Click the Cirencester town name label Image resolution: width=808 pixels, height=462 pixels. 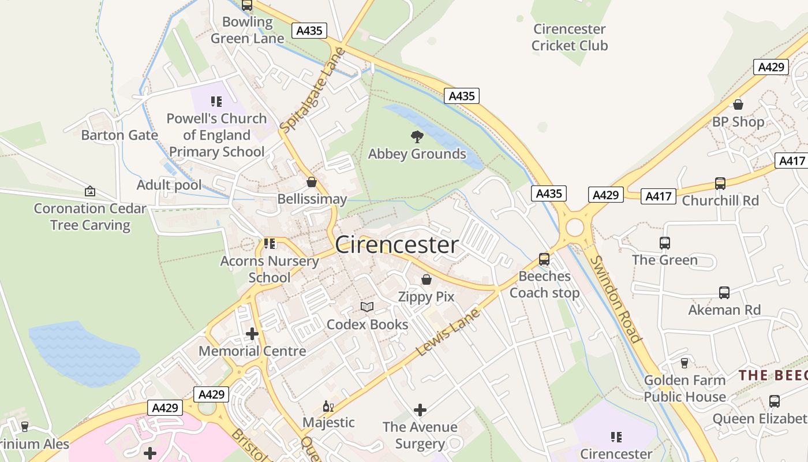[396, 245]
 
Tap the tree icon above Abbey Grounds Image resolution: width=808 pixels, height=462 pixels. [417, 137]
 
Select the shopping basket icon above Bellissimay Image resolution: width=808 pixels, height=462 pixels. [312, 182]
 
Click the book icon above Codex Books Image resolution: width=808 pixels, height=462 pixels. [367, 307]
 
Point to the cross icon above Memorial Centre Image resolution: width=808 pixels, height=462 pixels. [252, 333]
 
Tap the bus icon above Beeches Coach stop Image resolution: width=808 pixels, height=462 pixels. [544, 259]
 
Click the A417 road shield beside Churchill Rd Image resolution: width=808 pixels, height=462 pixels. [658, 196]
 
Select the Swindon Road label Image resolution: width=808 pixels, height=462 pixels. [616, 299]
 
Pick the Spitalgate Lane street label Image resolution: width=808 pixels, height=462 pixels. [312, 90]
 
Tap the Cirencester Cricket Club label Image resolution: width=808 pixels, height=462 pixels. [570, 37]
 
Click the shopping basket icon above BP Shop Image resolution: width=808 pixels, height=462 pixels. [738, 105]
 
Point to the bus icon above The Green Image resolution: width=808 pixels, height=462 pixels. [665, 243]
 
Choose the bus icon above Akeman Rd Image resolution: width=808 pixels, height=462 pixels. [724, 293]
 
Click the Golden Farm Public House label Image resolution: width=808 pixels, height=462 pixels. [684, 389]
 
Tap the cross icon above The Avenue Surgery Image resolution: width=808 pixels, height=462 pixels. [420, 410]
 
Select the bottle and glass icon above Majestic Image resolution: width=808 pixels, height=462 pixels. [328, 406]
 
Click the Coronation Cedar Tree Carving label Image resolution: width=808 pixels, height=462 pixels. [90, 217]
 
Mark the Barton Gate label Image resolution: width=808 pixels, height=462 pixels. [119, 135]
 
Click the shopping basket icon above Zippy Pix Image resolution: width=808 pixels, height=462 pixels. [427, 280]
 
